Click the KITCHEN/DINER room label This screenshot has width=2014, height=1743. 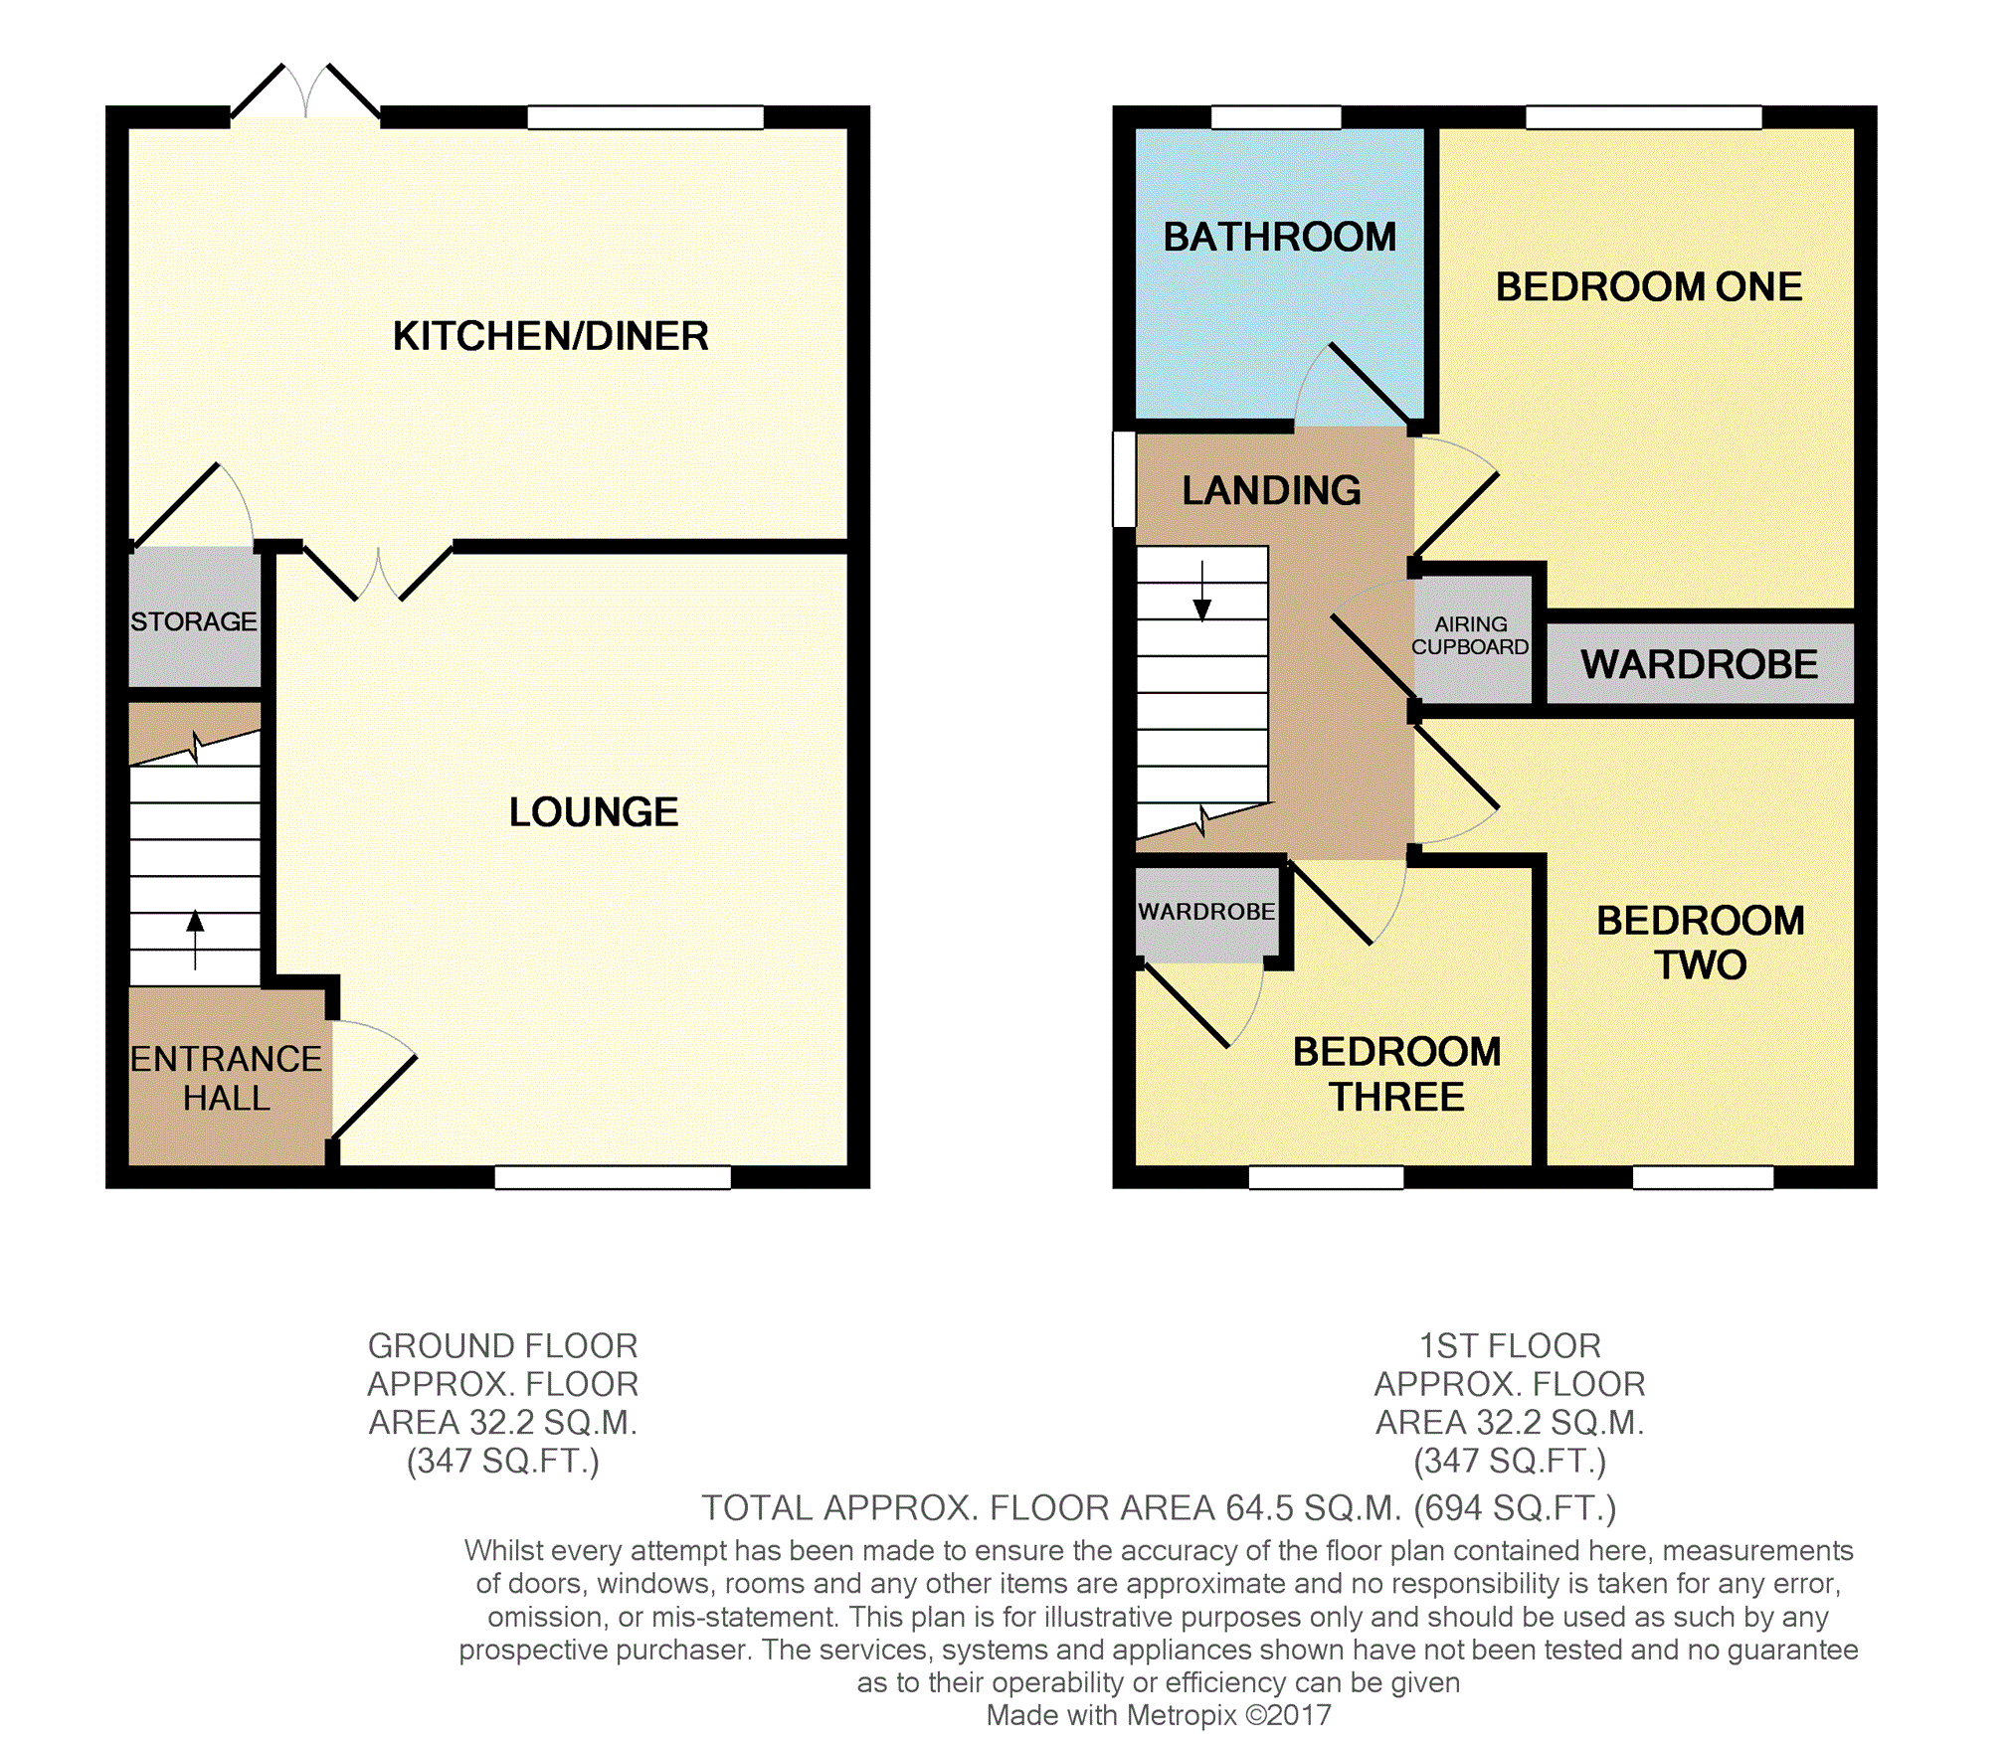pyautogui.click(x=550, y=336)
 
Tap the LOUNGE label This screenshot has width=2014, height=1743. pyautogui.click(x=594, y=812)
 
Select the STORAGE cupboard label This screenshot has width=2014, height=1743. pyautogui.click(x=194, y=621)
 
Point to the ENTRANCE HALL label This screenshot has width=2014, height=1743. pyautogui.click(x=227, y=1078)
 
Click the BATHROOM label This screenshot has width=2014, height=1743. pyautogui.click(x=1280, y=237)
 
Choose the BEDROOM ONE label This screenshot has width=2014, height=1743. pyautogui.click(x=1649, y=286)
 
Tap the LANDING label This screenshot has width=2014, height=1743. pyautogui.click(x=1272, y=490)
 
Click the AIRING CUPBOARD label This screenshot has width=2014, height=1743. pyautogui.click(x=1470, y=635)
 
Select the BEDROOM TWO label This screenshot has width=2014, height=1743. pyautogui.click(x=1701, y=943)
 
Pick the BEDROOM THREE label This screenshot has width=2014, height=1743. pyautogui.click(x=1397, y=1074)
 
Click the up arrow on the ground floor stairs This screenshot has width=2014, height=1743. pyautogui.click(x=195, y=940)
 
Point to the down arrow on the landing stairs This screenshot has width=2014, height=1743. pyautogui.click(x=1202, y=592)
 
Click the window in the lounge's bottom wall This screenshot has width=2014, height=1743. pyautogui.click(x=613, y=1177)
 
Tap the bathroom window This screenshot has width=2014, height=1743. pyautogui.click(x=1276, y=117)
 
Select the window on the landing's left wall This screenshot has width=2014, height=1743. pyautogui.click(x=1124, y=478)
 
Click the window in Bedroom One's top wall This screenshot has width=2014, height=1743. pyautogui.click(x=1644, y=117)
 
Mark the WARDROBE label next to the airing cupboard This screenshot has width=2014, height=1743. pyautogui.click(x=1700, y=664)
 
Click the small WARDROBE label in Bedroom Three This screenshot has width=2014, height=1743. pyautogui.click(x=1206, y=912)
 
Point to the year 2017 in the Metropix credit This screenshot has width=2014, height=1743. pyautogui.click(x=1298, y=1715)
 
